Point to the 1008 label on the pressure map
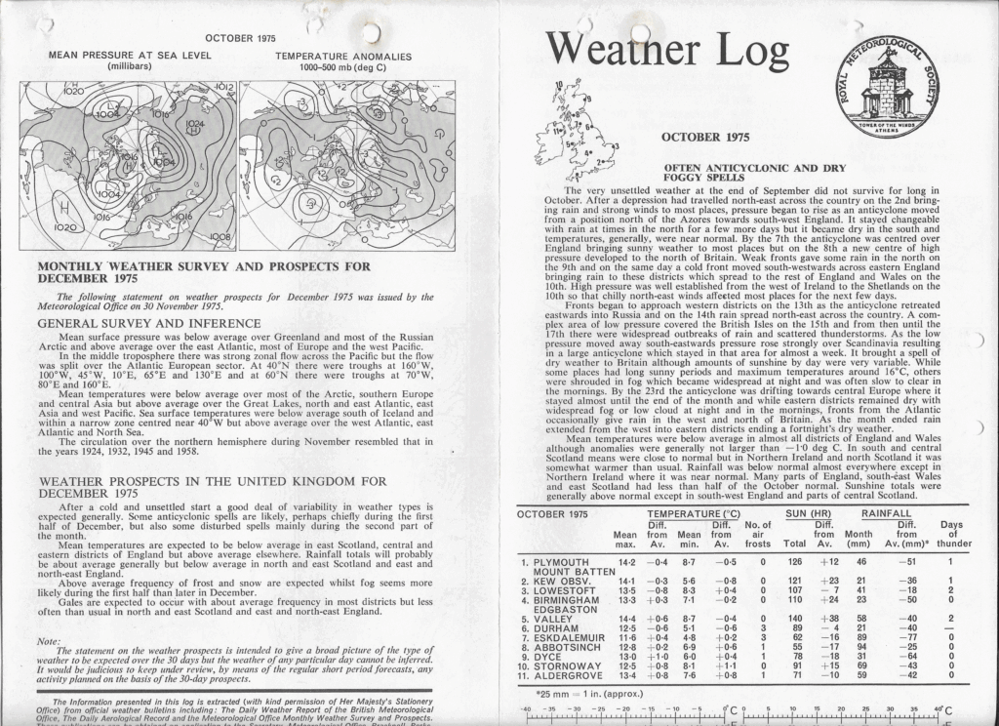pos(222,236)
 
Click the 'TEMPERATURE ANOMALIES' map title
pos(342,57)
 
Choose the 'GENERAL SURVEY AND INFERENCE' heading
pos(148,323)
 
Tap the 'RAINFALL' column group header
pos(886,512)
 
